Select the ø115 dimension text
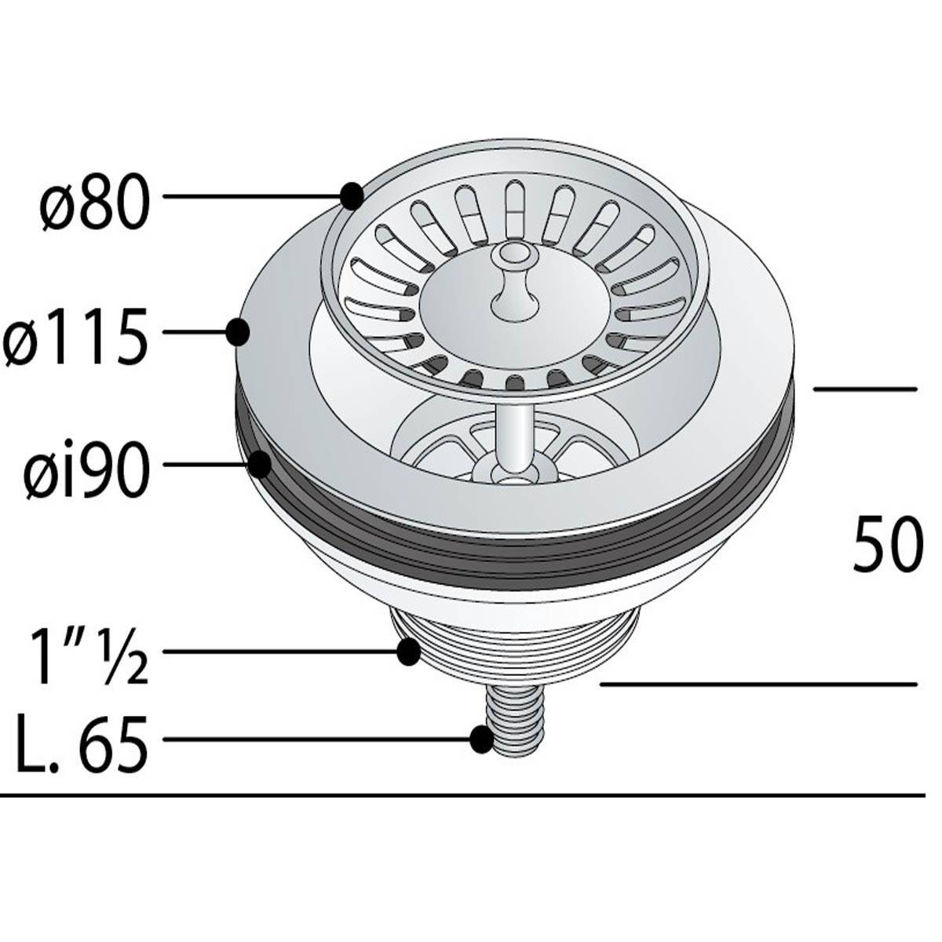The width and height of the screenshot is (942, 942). [75, 336]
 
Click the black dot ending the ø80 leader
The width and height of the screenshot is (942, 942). [352, 196]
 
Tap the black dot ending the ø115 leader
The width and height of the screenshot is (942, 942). [238, 332]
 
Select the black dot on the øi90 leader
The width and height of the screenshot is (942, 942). [260, 465]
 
